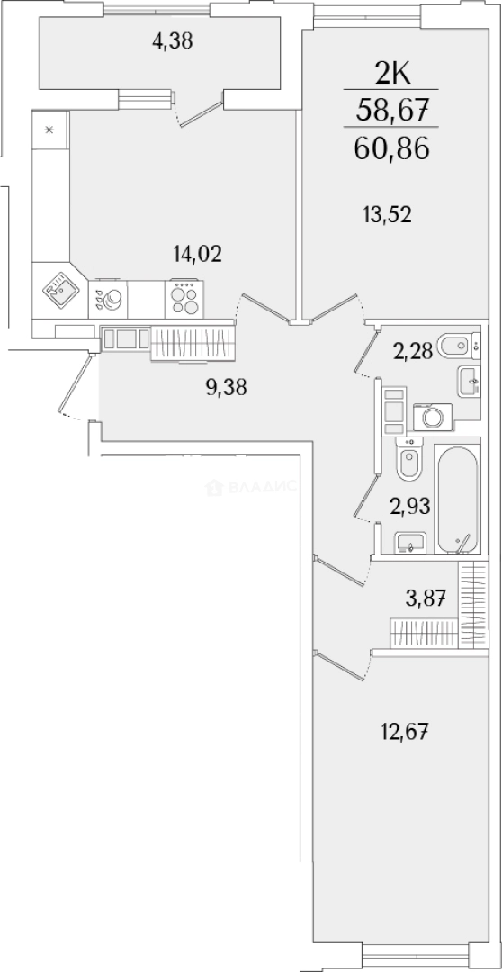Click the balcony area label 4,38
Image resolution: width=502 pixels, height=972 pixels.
coord(173,41)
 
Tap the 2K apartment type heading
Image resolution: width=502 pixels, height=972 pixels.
coord(391,76)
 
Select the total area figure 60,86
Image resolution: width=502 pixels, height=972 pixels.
coord(391,148)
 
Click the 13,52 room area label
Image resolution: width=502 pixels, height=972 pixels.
coord(388,215)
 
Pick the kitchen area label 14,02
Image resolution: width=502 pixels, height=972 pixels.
coord(197,253)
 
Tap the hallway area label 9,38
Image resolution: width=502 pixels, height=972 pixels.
coord(226,387)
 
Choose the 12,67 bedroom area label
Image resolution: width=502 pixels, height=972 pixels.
coord(405,732)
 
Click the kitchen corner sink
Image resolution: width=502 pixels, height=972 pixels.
coord(59,290)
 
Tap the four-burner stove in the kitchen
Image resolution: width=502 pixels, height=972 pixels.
coord(184,299)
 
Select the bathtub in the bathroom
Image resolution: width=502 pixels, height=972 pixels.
coord(457,499)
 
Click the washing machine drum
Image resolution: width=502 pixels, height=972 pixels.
coord(432,418)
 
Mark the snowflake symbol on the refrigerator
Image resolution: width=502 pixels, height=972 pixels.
coord(49,130)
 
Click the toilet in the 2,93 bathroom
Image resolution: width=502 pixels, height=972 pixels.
coord(409,460)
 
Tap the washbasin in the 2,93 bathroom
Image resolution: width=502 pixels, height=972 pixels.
coord(410,543)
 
